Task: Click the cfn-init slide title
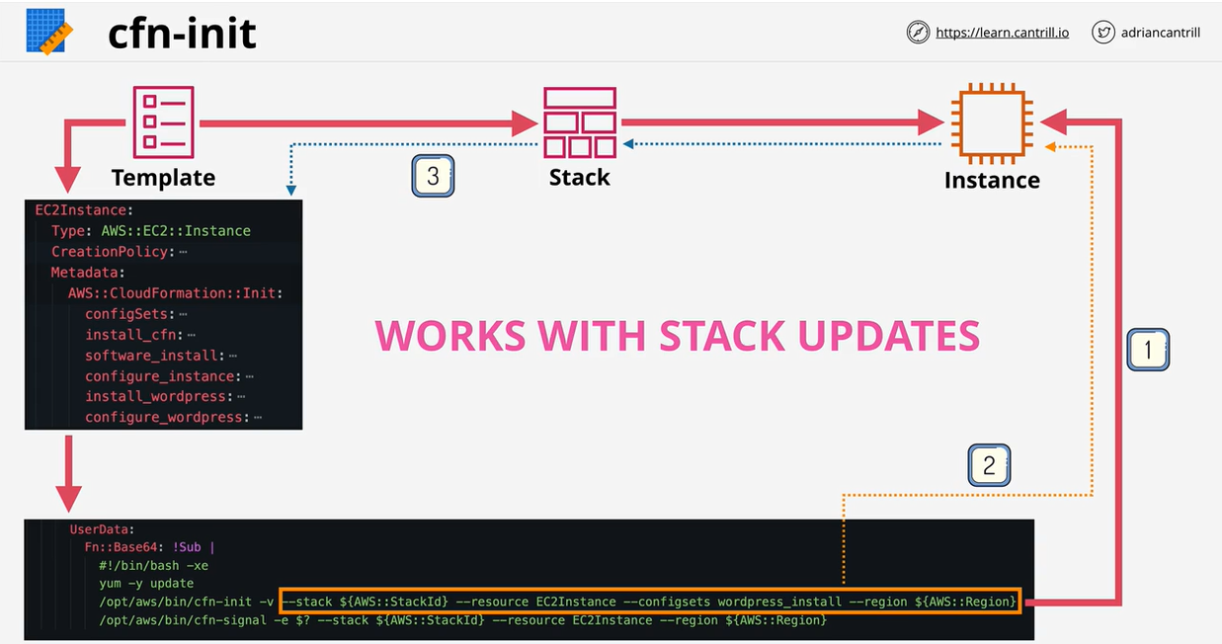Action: (x=182, y=34)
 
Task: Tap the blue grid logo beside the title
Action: (x=45, y=32)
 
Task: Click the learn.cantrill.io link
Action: (x=1002, y=33)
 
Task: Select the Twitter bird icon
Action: (x=1103, y=33)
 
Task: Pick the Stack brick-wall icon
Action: (x=580, y=121)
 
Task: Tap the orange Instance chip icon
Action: (x=988, y=123)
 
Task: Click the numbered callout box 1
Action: (x=1148, y=350)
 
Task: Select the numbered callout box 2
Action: (x=989, y=464)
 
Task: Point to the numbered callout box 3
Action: (x=433, y=177)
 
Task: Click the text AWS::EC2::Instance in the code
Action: (x=176, y=230)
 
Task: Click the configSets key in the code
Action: (x=128, y=313)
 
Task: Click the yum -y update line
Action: (x=146, y=584)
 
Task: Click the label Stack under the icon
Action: (x=580, y=178)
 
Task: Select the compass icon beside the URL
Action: (x=918, y=33)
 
